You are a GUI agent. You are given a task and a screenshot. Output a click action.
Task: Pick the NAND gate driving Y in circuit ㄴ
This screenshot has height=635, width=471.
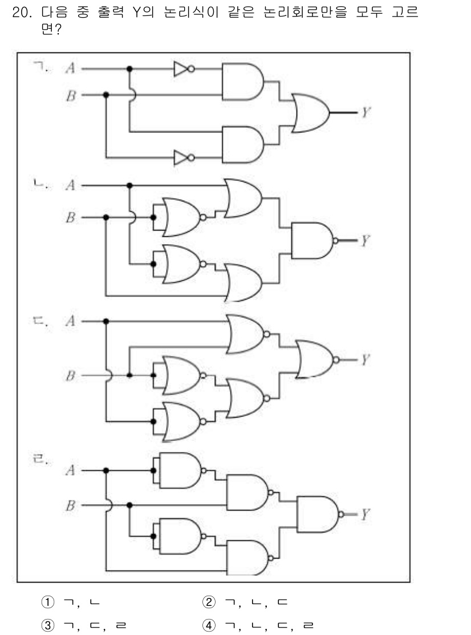[312, 240]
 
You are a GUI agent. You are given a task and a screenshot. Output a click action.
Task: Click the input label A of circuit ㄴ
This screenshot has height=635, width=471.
[70, 185]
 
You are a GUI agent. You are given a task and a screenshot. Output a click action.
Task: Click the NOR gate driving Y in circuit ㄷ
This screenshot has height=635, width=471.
[314, 359]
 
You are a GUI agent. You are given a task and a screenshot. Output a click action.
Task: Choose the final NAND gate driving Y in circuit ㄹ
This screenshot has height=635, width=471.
[317, 513]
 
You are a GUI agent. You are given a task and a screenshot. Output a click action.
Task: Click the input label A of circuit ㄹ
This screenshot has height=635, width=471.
[70, 471]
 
